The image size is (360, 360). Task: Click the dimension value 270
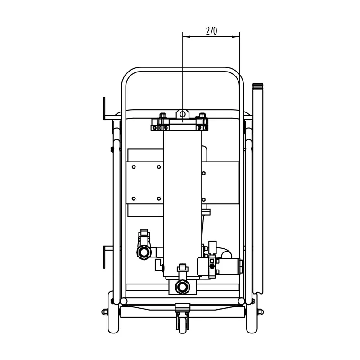tap(211, 31)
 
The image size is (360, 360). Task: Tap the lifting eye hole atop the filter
tap(182, 112)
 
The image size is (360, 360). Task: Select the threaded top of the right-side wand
tap(258, 87)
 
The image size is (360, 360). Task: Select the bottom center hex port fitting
tap(182, 286)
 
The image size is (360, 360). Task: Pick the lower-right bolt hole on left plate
tap(159, 198)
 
